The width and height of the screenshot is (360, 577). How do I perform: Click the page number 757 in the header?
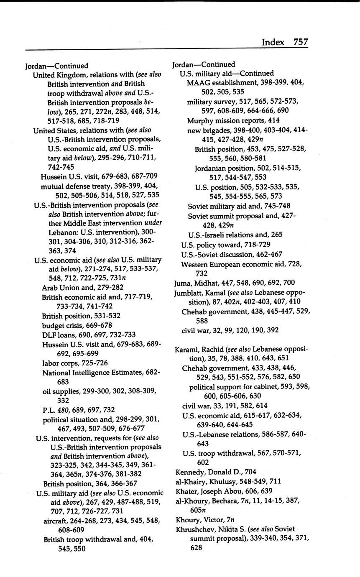(x=301, y=42)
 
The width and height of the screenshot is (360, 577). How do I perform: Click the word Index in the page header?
(x=273, y=42)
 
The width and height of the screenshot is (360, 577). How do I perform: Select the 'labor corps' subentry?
(x=59, y=363)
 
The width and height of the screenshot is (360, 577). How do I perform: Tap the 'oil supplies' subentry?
(x=61, y=391)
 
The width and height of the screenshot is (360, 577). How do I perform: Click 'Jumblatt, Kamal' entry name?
(x=198, y=293)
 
